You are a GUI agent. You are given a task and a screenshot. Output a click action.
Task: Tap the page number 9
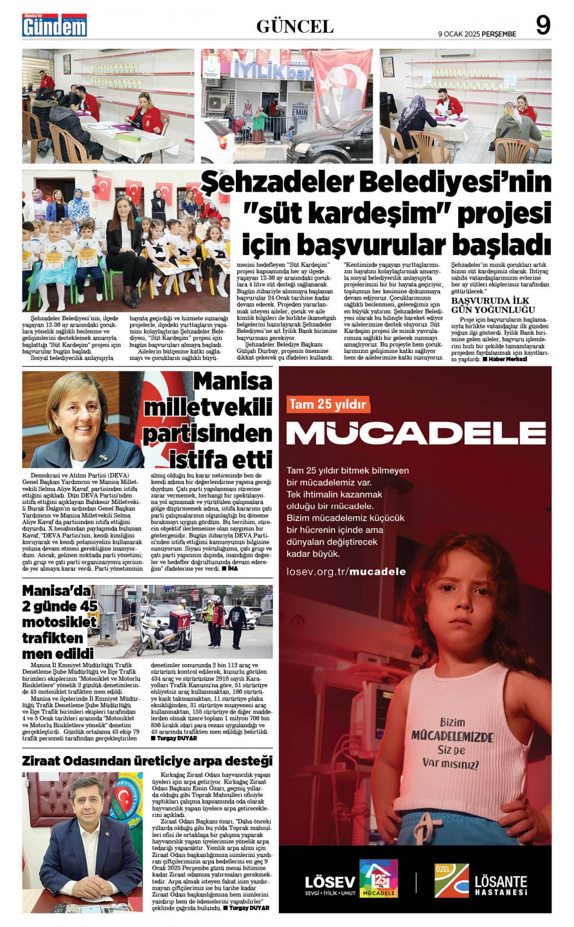[542, 25]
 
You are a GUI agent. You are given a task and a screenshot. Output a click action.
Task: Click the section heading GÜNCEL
[294, 26]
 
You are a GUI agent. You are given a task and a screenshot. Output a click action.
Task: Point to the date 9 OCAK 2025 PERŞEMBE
[476, 34]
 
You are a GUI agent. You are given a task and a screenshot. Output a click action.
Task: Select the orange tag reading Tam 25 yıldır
[327, 404]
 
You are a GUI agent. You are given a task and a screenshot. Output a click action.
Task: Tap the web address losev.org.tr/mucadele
[346, 572]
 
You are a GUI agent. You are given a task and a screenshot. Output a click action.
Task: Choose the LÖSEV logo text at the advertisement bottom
[329, 882]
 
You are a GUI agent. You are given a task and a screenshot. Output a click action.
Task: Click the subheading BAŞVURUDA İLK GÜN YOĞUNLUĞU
[493, 305]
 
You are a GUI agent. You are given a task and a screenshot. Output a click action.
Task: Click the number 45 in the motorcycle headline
[88, 606]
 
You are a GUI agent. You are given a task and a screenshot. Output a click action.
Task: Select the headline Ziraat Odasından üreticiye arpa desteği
[148, 761]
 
